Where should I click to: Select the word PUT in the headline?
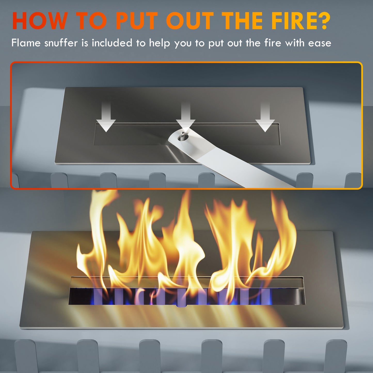(x=137, y=21)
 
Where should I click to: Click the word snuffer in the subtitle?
(x=61, y=43)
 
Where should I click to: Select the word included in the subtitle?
(x=112, y=43)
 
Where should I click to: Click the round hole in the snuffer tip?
(x=183, y=137)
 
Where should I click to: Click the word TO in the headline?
(x=92, y=21)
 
